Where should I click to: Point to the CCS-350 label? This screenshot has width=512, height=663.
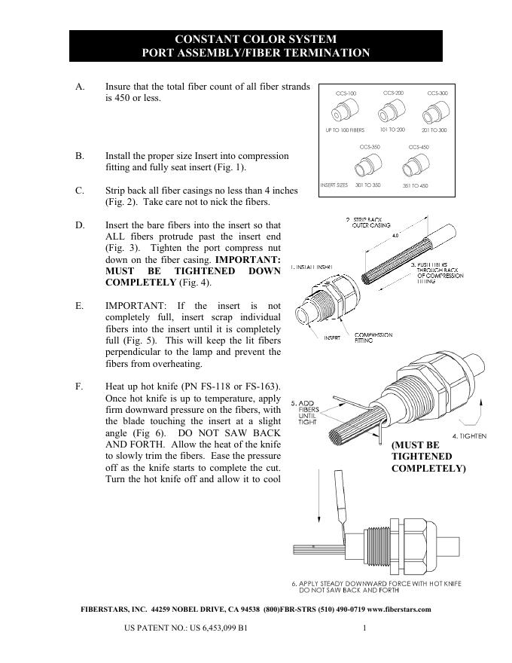(x=369, y=147)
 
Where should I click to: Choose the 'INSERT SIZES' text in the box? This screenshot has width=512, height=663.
(x=334, y=185)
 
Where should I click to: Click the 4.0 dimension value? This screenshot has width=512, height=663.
(x=395, y=235)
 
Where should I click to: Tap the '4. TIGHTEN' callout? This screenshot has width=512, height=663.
(x=468, y=436)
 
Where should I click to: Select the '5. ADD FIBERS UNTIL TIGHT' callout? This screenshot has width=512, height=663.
(x=306, y=413)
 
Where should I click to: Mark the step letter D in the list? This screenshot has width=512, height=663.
(x=80, y=225)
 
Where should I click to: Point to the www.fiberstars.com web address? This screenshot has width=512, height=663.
(x=398, y=610)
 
